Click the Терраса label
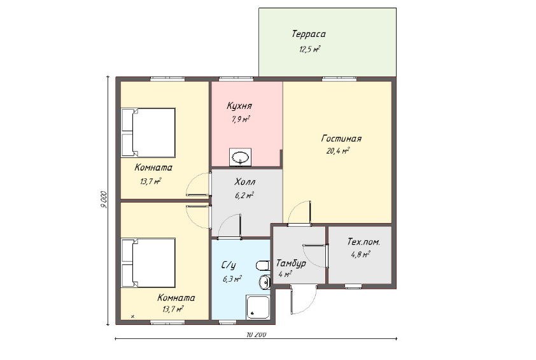point(309,34)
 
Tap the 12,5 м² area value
point(310,49)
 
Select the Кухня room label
point(239,106)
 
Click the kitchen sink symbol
point(241,157)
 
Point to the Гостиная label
point(341,139)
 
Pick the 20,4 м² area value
point(338,151)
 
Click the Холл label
point(244,182)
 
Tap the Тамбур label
point(291,264)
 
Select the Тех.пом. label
point(363,242)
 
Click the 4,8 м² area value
point(360,255)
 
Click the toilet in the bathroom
point(263,266)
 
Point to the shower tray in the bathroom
point(258,307)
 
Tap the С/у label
point(229,265)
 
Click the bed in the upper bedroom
point(148,133)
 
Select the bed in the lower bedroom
point(148,263)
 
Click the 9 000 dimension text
point(104,199)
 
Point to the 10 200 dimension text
point(256,335)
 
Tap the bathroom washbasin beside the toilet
point(265,282)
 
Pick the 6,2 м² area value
point(244,196)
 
